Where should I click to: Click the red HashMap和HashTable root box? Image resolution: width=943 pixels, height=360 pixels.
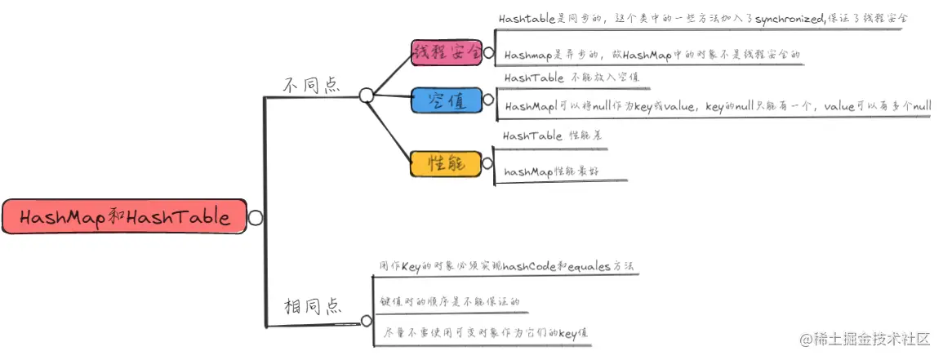click(122, 218)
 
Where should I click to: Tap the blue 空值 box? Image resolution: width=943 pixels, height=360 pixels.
click(445, 101)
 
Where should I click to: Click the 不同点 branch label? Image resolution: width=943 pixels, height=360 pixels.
click(311, 85)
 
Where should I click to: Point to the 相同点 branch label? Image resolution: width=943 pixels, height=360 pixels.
click(311, 307)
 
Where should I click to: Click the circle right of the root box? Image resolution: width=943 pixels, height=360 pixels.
click(255, 218)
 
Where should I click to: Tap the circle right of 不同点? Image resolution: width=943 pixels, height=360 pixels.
click(367, 96)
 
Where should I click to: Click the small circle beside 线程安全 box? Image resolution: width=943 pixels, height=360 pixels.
click(488, 53)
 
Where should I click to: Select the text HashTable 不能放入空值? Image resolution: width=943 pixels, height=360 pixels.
click(572, 78)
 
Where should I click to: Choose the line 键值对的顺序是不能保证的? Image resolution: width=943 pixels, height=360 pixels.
click(449, 301)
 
